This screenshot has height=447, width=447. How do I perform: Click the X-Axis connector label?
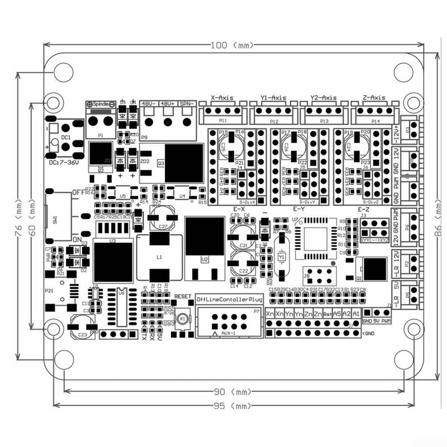[x=222, y=97]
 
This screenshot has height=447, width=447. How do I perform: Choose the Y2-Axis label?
[x=321, y=97]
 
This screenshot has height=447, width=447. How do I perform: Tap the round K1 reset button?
[x=182, y=319]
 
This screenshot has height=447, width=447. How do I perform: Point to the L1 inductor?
[x=159, y=257]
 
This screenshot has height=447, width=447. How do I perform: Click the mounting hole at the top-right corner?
[x=412, y=103]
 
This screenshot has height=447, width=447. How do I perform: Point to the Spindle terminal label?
[x=101, y=104]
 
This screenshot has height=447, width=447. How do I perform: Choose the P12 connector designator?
[x=273, y=121]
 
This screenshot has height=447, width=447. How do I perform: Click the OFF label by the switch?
[x=78, y=192]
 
